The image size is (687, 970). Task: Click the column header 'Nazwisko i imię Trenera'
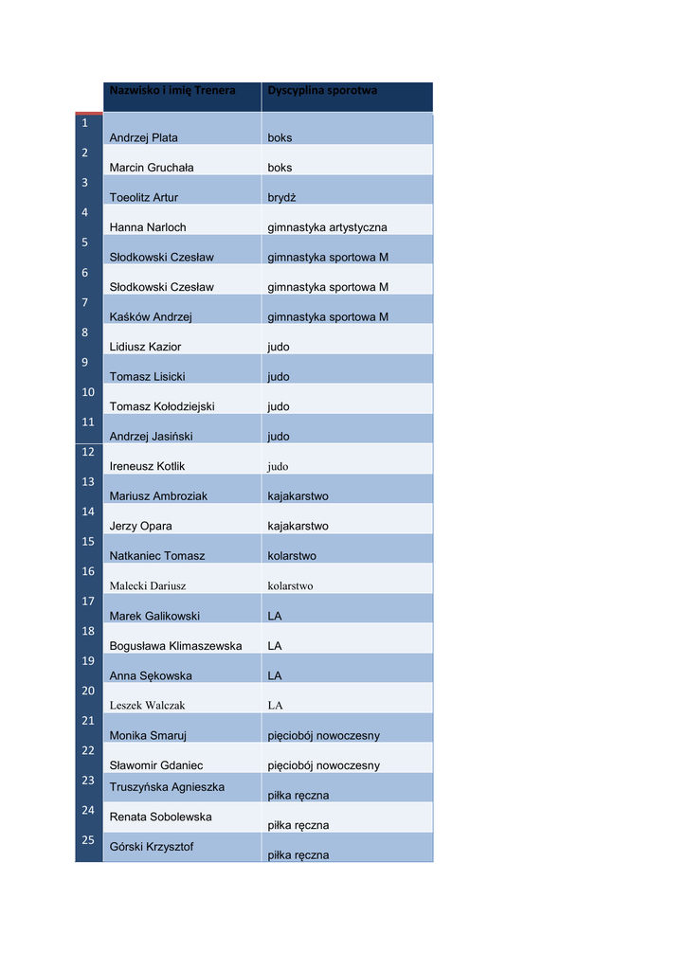pos(172,91)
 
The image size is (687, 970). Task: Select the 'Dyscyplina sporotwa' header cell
pos(322,91)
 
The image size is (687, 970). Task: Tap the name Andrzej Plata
pos(144,138)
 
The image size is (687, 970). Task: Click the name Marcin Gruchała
pos(152,168)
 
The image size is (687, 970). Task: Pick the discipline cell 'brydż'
pos(281,198)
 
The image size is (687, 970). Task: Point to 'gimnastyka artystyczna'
pos(327,227)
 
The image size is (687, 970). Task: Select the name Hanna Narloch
pos(148,227)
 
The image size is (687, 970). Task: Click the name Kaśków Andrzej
pos(151,317)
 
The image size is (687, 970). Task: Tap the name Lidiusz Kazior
pos(145,347)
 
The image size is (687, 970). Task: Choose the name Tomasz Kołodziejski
pos(162,406)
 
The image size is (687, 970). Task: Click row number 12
pos(88,452)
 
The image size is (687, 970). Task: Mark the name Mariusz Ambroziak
pos(158,496)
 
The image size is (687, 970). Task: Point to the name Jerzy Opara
pos(141,526)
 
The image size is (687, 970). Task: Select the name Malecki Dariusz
pos(148,586)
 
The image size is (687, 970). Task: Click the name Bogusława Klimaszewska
pos(175,646)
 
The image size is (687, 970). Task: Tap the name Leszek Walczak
pos(147,706)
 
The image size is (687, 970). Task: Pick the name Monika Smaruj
pos(148,736)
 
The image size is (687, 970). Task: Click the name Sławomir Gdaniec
pos(156,765)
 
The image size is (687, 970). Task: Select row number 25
pos(88,840)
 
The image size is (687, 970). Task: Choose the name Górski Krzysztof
pos(152,847)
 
